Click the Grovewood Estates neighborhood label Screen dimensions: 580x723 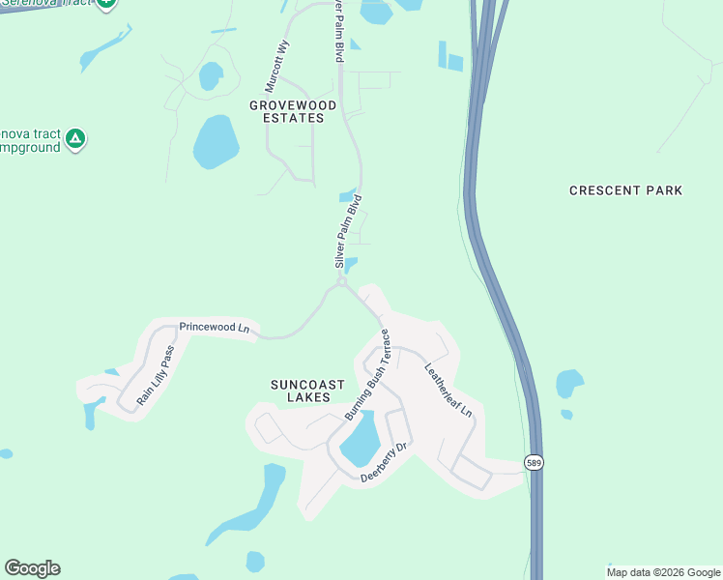coord(293,111)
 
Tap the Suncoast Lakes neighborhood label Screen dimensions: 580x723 coord(301,391)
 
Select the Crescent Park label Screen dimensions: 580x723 coord(625,190)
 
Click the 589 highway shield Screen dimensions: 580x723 coord(535,463)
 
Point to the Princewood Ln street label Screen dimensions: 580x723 coord(215,329)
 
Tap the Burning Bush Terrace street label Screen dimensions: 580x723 coord(367,374)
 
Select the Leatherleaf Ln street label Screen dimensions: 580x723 coord(448,391)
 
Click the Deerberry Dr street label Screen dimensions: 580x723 coord(386,463)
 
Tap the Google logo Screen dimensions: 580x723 coord(32,568)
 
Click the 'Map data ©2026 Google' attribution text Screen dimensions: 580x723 coord(664,572)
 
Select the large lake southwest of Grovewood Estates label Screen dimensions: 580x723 coord(216,142)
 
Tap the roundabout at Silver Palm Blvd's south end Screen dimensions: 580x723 coord(341,282)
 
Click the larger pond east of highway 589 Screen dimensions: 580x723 coord(569,384)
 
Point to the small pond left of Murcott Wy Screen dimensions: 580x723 coord(209,75)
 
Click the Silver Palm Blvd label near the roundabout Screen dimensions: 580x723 coord(348,231)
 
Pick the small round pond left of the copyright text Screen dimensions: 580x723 coord(255,562)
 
